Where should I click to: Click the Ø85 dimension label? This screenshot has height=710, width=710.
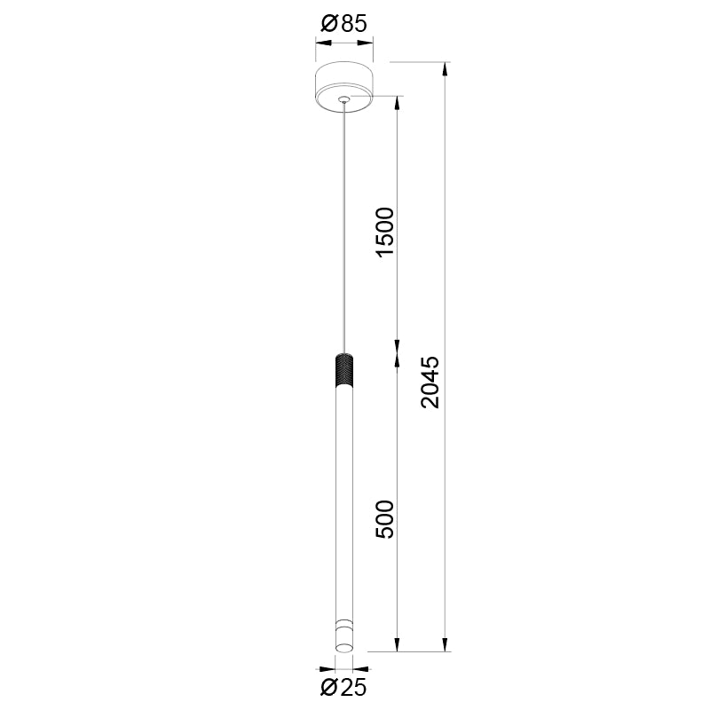coord(342,24)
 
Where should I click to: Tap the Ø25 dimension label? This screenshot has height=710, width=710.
coord(342,686)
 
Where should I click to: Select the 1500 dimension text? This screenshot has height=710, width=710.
coord(383,232)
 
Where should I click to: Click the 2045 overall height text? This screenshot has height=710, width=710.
coord(430,382)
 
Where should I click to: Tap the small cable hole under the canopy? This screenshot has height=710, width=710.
coord(343,99)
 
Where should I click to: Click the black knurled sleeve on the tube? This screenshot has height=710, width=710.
coord(343,370)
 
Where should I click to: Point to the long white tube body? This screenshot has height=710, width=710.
coord(343,497)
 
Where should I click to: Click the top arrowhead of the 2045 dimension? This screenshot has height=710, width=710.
coord(446,68)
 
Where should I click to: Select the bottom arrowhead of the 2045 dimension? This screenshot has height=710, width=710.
coord(446,645)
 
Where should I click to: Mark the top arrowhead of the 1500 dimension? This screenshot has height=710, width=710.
coord(397,101)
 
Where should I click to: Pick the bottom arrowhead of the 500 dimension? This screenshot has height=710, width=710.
coord(397,645)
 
